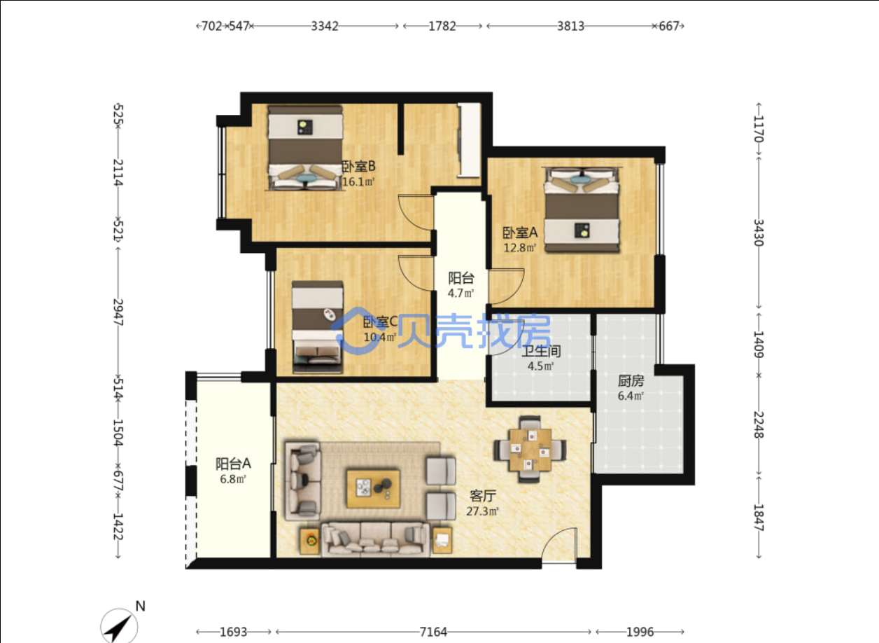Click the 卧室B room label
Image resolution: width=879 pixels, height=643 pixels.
359,167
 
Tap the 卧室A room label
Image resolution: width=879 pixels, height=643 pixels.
520,233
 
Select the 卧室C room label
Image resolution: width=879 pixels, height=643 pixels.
380,322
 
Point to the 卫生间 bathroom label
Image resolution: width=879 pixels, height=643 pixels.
541,351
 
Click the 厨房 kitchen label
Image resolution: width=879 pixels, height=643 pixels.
631,380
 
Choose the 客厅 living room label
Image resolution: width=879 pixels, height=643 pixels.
483,496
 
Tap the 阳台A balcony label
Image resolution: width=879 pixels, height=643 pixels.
233,464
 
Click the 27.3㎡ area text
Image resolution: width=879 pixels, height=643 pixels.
482,511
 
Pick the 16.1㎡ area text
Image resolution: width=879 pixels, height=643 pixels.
358,182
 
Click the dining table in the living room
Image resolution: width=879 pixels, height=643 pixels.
530,450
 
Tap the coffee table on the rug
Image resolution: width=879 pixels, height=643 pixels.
373,488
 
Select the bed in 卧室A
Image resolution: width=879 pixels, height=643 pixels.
582,209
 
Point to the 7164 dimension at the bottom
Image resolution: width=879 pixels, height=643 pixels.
433,632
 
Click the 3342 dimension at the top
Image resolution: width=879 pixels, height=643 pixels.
325,26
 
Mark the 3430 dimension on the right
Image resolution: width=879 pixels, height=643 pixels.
758,233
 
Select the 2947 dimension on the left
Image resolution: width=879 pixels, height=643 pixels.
118,312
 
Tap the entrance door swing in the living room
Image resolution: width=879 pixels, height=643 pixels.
558,545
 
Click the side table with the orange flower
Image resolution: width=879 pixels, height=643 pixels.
310,541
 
